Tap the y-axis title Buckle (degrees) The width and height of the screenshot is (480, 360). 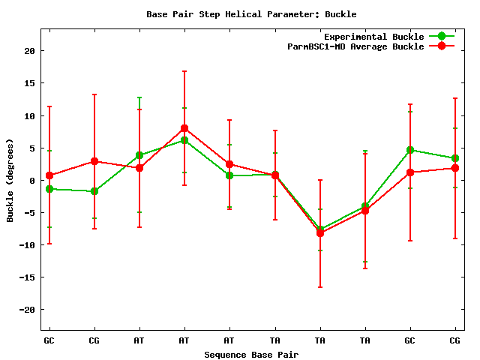(10, 180)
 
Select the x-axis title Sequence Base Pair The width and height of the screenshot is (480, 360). (251, 354)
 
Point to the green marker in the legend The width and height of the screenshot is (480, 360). (442, 36)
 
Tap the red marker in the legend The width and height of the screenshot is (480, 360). (442, 46)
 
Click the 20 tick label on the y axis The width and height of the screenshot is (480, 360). (29, 51)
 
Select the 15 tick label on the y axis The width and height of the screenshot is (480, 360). (29, 83)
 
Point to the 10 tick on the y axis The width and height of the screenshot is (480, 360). (29, 115)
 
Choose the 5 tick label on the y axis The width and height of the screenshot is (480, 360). (32, 148)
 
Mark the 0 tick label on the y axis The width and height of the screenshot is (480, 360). (32, 180)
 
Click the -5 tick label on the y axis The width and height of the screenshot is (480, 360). (29, 212)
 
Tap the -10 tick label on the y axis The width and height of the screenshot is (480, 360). (27, 244)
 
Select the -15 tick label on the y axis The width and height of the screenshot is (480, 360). (27, 277)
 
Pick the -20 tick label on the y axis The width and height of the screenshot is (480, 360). (27, 309)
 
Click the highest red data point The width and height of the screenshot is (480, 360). (184, 128)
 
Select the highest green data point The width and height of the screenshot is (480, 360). (184, 140)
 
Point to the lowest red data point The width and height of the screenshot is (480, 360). (320, 233)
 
